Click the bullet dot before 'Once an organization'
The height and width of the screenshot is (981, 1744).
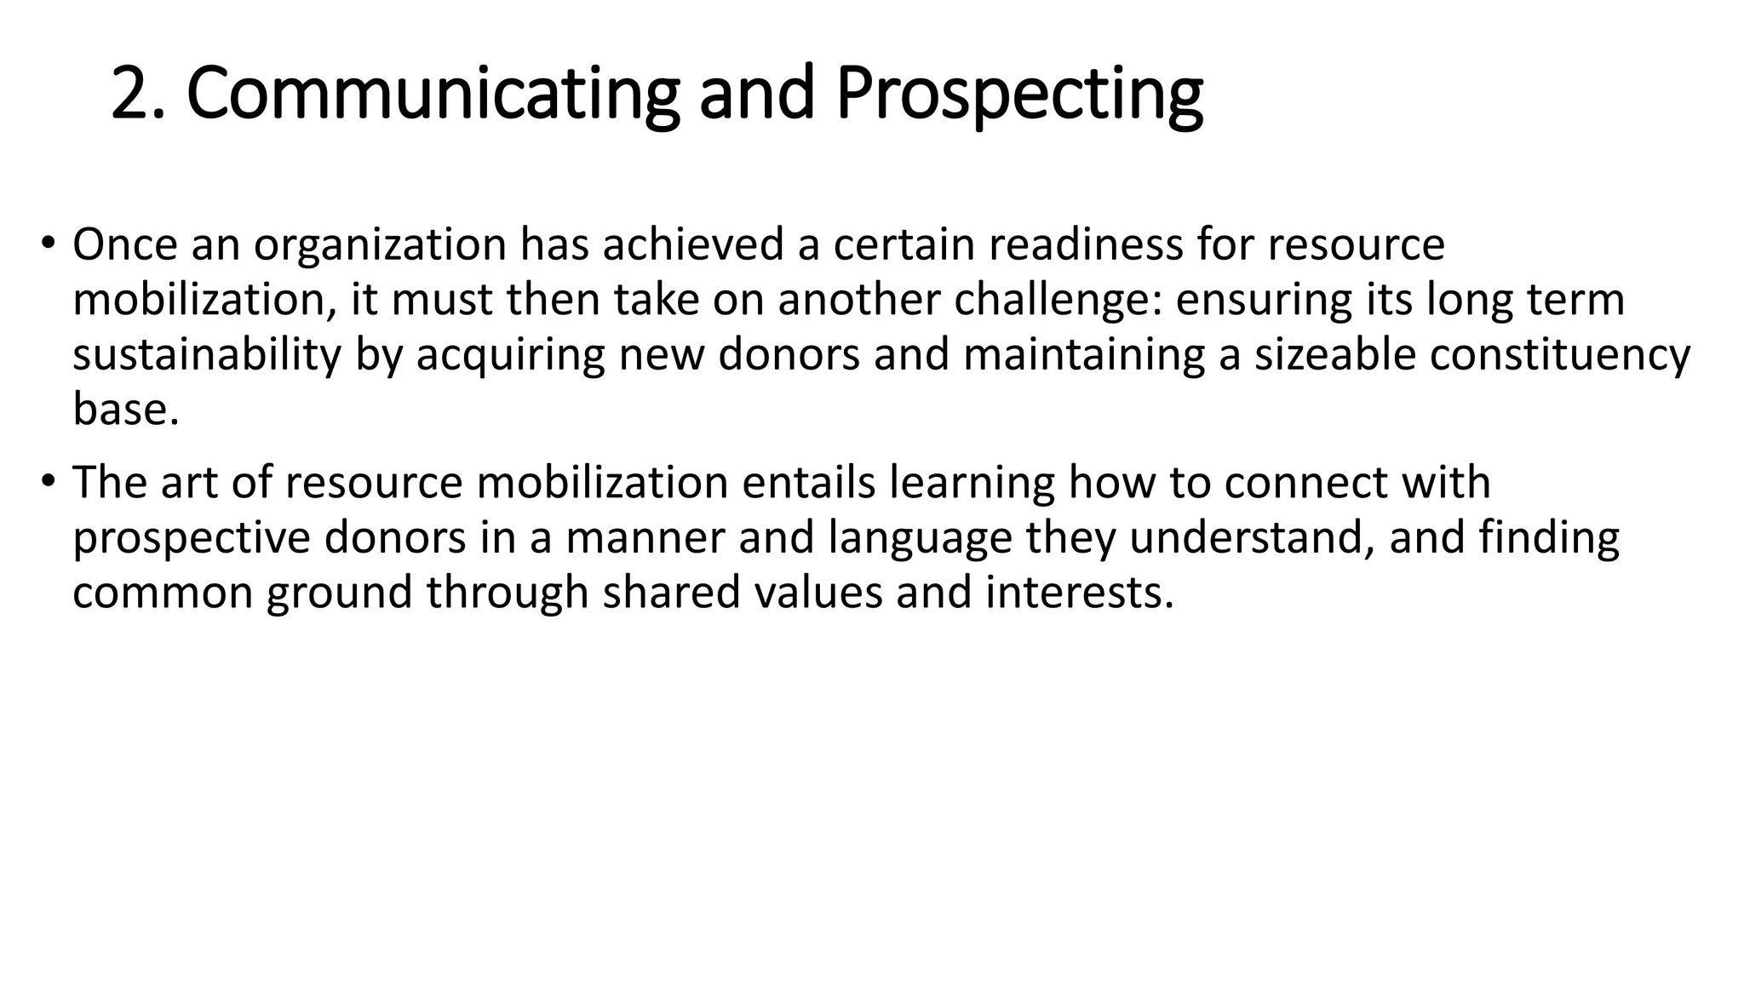(x=48, y=243)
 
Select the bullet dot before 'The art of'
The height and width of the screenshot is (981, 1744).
(x=48, y=481)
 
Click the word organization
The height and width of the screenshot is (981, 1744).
(x=380, y=245)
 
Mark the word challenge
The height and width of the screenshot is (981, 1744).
(x=1057, y=300)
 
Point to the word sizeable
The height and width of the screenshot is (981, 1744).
(x=1334, y=354)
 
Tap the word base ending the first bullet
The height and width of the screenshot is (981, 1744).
(x=124, y=410)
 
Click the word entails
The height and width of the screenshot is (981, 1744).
(x=809, y=482)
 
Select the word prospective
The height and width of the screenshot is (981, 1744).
(x=192, y=539)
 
